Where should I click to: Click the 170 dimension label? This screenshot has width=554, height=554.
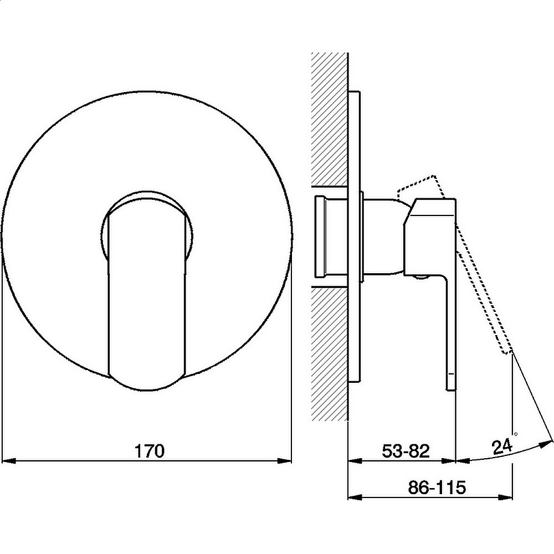click(x=150, y=451)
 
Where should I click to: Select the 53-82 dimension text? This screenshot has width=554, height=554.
click(x=406, y=451)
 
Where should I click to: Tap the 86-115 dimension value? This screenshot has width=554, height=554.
click(x=437, y=488)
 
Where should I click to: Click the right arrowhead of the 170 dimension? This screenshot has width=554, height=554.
click(x=284, y=461)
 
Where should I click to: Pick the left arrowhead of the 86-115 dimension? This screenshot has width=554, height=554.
click(x=356, y=497)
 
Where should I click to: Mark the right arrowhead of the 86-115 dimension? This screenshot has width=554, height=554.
click(x=505, y=497)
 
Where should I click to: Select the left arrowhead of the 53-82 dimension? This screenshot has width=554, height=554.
click(x=356, y=461)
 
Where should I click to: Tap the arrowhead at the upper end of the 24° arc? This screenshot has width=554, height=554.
click(x=546, y=443)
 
